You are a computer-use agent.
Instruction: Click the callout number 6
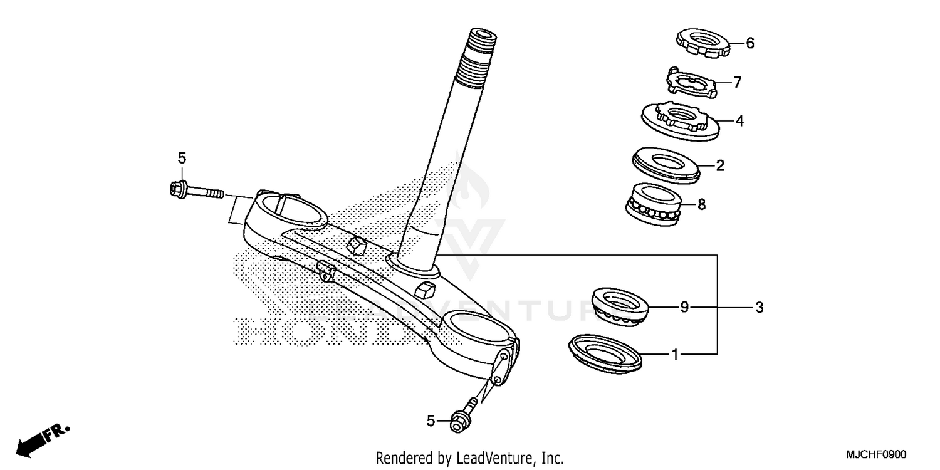click(749, 43)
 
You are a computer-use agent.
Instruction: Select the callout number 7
click(737, 82)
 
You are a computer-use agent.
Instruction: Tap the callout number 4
click(739, 121)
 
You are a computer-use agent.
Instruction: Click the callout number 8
click(702, 204)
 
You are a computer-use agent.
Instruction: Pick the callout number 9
click(684, 307)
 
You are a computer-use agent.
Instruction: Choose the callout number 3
click(759, 307)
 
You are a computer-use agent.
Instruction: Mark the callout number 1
click(675, 355)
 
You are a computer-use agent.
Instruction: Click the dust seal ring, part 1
click(605, 353)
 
